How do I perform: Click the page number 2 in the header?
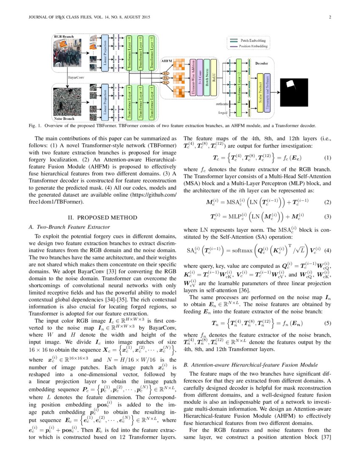329,17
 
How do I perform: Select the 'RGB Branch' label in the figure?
64,37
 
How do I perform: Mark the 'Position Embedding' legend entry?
254,46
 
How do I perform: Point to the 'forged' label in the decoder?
223,114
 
